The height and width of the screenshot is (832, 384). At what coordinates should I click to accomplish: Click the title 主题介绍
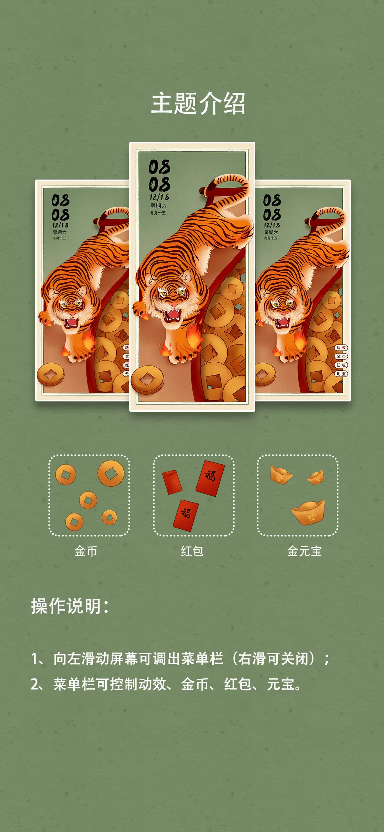pyautogui.click(x=198, y=103)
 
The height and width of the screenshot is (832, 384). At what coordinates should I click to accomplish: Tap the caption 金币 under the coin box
pyautogui.click(x=86, y=551)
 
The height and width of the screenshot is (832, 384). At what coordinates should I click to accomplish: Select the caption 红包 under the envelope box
pyautogui.click(x=192, y=551)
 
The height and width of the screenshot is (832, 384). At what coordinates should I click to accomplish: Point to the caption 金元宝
pyautogui.click(x=304, y=551)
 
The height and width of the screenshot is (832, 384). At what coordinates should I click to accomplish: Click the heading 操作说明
pyautogui.click(x=69, y=606)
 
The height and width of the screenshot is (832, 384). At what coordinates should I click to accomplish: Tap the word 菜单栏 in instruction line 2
pyautogui.click(x=74, y=684)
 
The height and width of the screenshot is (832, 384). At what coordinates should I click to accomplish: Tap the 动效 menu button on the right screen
pyautogui.click(x=341, y=348)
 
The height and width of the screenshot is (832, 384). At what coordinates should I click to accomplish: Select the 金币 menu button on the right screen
pyautogui.click(x=341, y=356)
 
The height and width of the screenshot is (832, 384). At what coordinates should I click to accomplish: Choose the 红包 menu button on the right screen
pyautogui.click(x=341, y=365)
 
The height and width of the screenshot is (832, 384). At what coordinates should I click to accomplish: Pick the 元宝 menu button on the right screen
pyautogui.click(x=341, y=374)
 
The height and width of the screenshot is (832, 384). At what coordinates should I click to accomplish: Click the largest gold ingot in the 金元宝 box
pyautogui.click(x=308, y=512)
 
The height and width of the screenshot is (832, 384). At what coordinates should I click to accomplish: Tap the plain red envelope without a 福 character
pyautogui.click(x=172, y=482)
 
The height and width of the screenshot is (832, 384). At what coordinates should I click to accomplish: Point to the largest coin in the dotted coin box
pyautogui.click(x=111, y=473)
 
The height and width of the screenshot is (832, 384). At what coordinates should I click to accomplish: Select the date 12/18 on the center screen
pyautogui.click(x=159, y=197)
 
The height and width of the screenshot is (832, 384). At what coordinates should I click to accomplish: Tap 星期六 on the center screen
pyautogui.click(x=158, y=206)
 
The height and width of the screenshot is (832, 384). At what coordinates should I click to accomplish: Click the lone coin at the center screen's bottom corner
pyautogui.click(x=147, y=380)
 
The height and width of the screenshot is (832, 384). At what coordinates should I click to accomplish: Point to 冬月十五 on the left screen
pyautogui.click(x=59, y=238)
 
